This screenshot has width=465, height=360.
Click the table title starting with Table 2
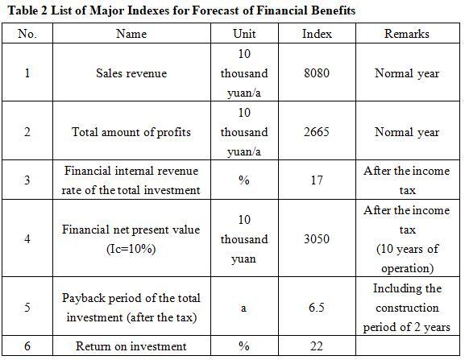(x=181, y=10)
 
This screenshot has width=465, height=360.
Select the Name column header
(x=131, y=34)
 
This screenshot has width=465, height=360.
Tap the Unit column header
(x=244, y=34)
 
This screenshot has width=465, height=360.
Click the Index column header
(x=317, y=34)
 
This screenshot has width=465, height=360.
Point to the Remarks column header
(x=407, y=34)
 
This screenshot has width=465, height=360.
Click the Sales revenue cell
(x=131, y=73)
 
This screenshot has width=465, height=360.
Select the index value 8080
(x=317, y=73)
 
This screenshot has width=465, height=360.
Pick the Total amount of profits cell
(x=131, y=132)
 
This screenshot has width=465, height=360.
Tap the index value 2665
(x=317, y=132)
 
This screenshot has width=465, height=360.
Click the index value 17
(x=317, y=180)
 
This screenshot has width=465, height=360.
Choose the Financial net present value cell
(x=131, y=239)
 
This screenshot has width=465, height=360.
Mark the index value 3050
(x=317, y=239)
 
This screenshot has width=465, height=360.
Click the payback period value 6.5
(x=317, y=308)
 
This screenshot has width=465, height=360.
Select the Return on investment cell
(x=131, y=346)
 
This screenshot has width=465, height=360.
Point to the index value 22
(x=317, y=346)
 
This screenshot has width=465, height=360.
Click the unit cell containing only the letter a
(x=243, y=308)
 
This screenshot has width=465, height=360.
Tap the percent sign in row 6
(x=244, y=346)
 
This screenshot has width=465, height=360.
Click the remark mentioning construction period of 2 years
(x=407, y=308)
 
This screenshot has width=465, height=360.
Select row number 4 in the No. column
(x=27, y=239)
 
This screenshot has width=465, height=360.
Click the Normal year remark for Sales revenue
(x=407, y=73)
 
